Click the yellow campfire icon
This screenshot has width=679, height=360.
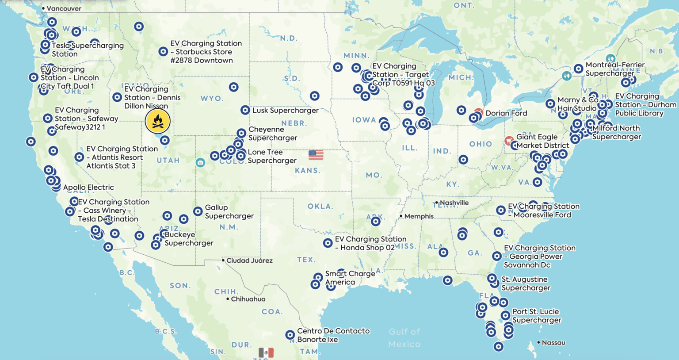[x=157, y=121]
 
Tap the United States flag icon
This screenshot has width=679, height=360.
[x=316, y=155]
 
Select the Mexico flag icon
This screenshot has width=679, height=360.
[x=266, y=352]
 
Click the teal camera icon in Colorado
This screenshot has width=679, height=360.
[x=200, y=162]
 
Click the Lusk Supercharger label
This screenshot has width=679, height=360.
[x=285, y=110]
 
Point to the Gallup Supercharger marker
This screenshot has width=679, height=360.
[x=198, y=211]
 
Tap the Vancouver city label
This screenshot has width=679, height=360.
[x=64, y=8]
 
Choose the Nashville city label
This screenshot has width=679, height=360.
[x=454, y=203]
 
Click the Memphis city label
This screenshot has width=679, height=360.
[x=419, y=216]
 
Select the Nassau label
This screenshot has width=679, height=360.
[x=553, y=342]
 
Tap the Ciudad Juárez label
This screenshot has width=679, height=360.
[x=249, y=260]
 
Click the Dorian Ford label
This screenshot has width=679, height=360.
[x=506, y=113]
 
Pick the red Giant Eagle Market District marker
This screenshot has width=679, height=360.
[x=509, y=141]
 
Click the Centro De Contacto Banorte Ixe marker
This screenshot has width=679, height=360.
[x=290, y=335]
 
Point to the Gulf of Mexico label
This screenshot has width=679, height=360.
[x=404, y=337]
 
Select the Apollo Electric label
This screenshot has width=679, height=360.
[x=88, y=188]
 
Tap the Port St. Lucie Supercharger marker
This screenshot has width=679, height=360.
[x=505, y=315]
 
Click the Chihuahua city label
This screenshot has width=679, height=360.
[x=248, y=299]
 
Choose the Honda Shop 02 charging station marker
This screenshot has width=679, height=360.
[x=328, y=243]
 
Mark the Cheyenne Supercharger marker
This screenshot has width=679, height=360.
[x=241, y=133]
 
